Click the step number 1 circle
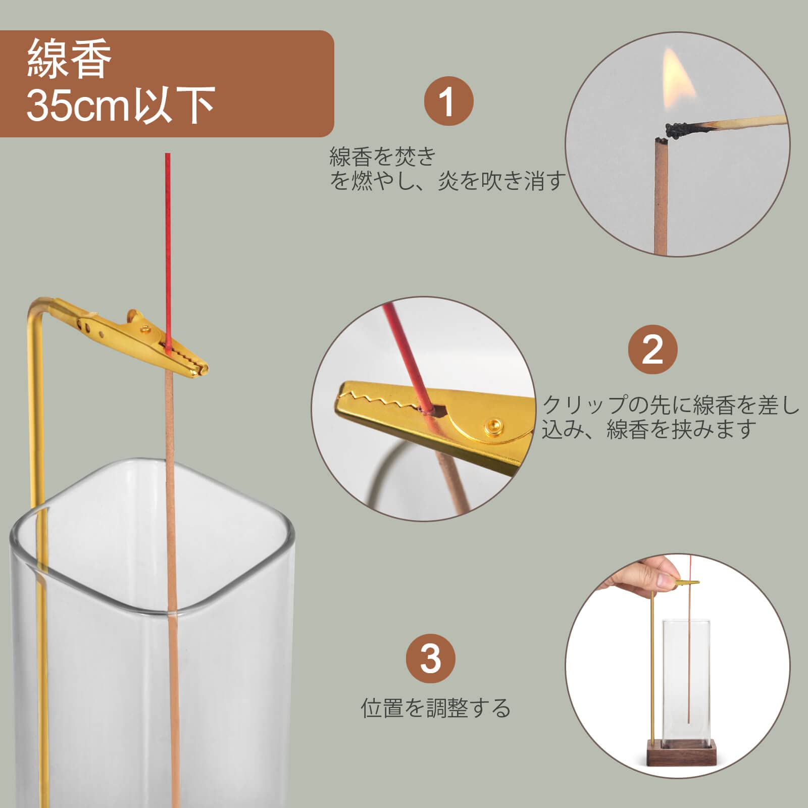pyautogui.click(x=448, y=102)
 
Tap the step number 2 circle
pyautogui.click(x=652, y=349)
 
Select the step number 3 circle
pyautogui.click(x=430, y=658)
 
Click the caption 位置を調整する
pyautogui.click(x=435, y=708)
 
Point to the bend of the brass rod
pyautogui.click(x=38, y=306)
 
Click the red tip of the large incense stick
pyautogui.click(x=168, y=227)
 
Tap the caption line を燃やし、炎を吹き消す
pyautogui.click(x=447, y=181)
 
